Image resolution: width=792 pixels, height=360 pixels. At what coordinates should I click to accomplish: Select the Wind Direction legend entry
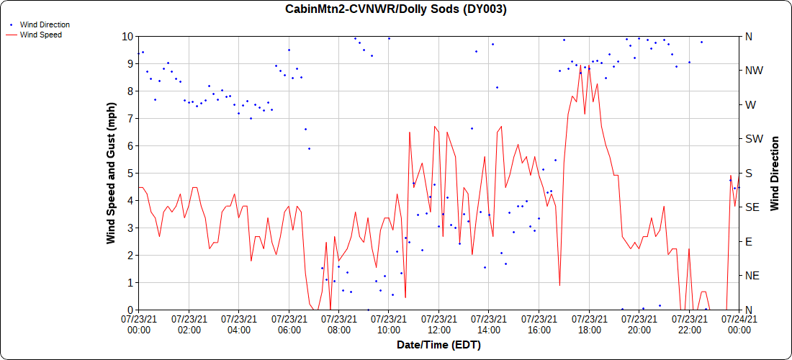click(x=45, y=24)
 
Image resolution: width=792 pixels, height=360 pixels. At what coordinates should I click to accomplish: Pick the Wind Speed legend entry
click(x=41, y=35)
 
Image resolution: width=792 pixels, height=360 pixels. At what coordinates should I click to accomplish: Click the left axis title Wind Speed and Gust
click(x=112, y=173)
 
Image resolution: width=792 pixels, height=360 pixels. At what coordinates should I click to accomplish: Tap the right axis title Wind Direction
click(x=775, y=173)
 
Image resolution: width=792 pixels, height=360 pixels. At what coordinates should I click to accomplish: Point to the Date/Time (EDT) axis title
click(x=438, y=345)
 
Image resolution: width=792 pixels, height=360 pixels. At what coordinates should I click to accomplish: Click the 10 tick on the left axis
click(x=127, y=36)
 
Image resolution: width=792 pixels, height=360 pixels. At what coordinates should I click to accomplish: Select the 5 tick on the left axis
click(x=130, y=173)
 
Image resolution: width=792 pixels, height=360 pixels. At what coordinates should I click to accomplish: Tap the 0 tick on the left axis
click(x=130, y=310)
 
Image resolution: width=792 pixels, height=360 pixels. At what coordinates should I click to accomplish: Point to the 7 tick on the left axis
click(x=130, y=118)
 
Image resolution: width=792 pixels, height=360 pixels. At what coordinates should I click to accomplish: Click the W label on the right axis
click(x=750, y=104)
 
